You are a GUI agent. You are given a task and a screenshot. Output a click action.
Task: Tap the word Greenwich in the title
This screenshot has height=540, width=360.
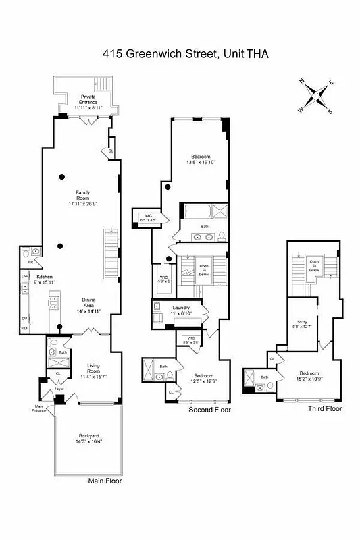pos(155,55)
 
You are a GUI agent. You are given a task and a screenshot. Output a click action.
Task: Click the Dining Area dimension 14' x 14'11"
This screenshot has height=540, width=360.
pos(88,312)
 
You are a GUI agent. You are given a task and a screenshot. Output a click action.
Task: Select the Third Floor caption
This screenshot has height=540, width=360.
pos(325,409)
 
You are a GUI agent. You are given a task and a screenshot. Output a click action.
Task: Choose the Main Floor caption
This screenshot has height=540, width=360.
pos(105,481)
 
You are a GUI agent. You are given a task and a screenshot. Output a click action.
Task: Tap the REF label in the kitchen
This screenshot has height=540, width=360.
pos(25,328)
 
